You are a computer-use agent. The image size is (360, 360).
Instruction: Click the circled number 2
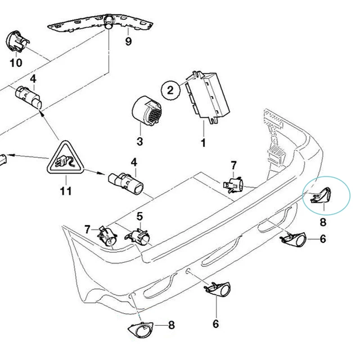pos(170,90)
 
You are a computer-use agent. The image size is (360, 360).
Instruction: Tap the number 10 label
pos(16,63)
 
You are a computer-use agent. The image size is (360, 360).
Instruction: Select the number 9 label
pos(129,42)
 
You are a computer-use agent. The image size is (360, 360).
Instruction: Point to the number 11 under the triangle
pos(66,191)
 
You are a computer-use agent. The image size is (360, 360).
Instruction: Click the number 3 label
pos(139,142)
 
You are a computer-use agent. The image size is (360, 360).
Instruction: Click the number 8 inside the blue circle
pos(323,221)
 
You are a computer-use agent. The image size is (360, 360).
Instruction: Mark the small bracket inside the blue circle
pos(320,193)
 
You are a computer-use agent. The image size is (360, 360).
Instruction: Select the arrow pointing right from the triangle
pos(95,171)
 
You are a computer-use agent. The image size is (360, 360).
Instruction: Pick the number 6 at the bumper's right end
pos(323,239)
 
